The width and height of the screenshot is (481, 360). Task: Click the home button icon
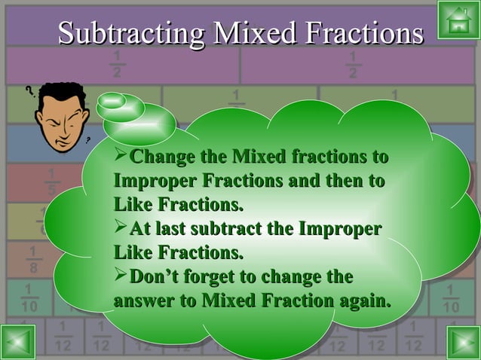tap(457, 20)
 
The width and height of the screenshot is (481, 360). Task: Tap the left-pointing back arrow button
tap(18, 342)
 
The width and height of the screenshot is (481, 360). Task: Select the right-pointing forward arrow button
tap(462, 342)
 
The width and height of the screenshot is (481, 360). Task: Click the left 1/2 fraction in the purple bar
tap(117, 65)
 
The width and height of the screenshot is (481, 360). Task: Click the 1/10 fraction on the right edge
tap(451, 300)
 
